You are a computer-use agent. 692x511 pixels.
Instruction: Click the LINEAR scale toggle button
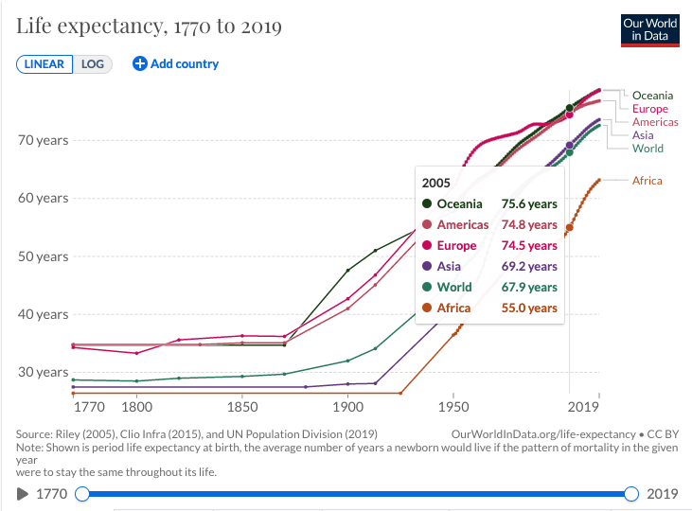coord(44,63)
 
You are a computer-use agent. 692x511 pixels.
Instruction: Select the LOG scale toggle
coord(93,63)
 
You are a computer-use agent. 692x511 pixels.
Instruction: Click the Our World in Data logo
coord(650,29)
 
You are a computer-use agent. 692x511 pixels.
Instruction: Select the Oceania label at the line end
coord(652,96)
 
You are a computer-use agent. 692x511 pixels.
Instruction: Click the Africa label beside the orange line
coord(648,181)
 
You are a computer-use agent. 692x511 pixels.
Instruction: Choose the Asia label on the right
coord(643,135)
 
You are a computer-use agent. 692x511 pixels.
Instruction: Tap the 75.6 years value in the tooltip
coord(530,203)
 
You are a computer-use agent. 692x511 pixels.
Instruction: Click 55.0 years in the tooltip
coord(530,308)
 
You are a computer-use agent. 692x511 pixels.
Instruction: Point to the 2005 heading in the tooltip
coord(437,183)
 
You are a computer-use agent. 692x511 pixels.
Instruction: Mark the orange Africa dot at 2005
coord(569,227)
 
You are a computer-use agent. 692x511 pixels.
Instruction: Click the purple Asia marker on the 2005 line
coord(569,146)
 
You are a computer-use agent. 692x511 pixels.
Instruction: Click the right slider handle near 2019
coord(631,493)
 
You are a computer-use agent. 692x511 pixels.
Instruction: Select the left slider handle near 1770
coord(82,493)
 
